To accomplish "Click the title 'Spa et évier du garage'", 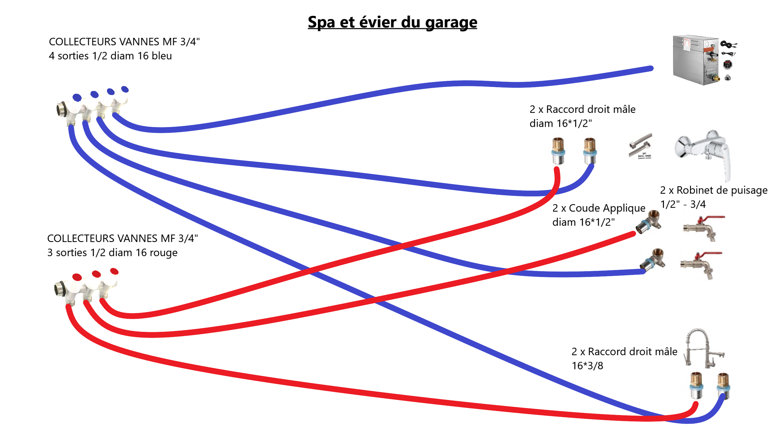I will click(x=392, y=23).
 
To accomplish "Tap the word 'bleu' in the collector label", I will click(x=162, y=56).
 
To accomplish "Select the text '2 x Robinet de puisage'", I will click(x=713, y=190).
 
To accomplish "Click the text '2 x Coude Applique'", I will click(x=599, y=208).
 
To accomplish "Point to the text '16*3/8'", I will click(x=587, y=366).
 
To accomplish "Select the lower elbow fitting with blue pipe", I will click(x=653, y=260).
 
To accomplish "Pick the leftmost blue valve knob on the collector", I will click(x=77, y=98).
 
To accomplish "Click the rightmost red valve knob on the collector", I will click(x=114, y=271).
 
